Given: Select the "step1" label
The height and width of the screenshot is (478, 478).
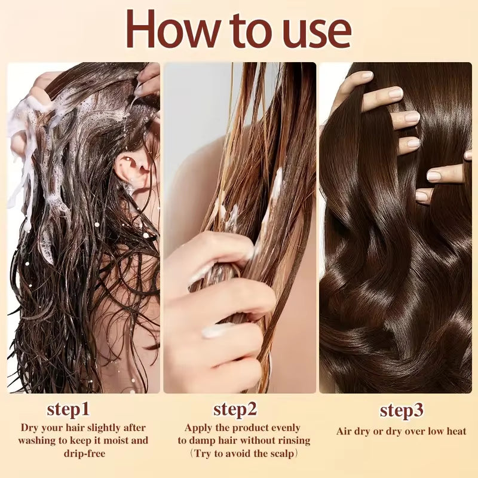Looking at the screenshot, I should pyautogui.click(x=68, y=410).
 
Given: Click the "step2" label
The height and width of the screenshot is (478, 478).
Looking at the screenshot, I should pyautogui.click(x=235, y=410).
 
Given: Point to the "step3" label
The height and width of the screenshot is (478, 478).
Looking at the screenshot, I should pyautogui.click(x=402, y=411).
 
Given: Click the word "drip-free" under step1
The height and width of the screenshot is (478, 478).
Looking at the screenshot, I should pyautogui.click(x=82, y=454).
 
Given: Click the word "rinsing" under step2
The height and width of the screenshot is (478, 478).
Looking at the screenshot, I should pyautogui.click(x=292, y=440).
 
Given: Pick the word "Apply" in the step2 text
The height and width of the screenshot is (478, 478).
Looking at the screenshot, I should pyautogui.click(x=200, y=428).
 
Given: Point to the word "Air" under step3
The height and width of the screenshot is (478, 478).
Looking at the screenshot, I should pyautogui.click(x=344, y=431).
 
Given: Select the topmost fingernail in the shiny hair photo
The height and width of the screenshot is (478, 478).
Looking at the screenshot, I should pyautogui.click(x=366, y=76).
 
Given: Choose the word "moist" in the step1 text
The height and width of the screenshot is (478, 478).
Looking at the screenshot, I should pyautogui.click(x=117, y=440).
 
